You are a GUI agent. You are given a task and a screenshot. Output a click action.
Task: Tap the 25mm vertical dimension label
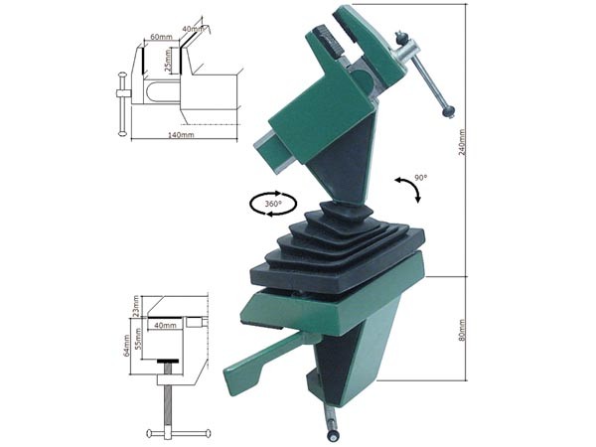pyautogui.click(x=168, y=63)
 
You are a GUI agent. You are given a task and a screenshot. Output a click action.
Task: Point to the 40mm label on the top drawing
pyautogui.click(x=193, y=29)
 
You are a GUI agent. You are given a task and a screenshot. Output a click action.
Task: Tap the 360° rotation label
pyautogui.click(x=272, y=204)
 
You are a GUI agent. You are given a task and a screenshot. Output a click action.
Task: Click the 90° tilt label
pyautogui.click(x=420, y=178)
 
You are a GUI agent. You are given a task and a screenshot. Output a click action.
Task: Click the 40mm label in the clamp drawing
pyautogui.click(x=164, y=325)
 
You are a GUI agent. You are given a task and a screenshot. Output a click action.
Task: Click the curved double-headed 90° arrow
pyautogui.click(x=407, y=189)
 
